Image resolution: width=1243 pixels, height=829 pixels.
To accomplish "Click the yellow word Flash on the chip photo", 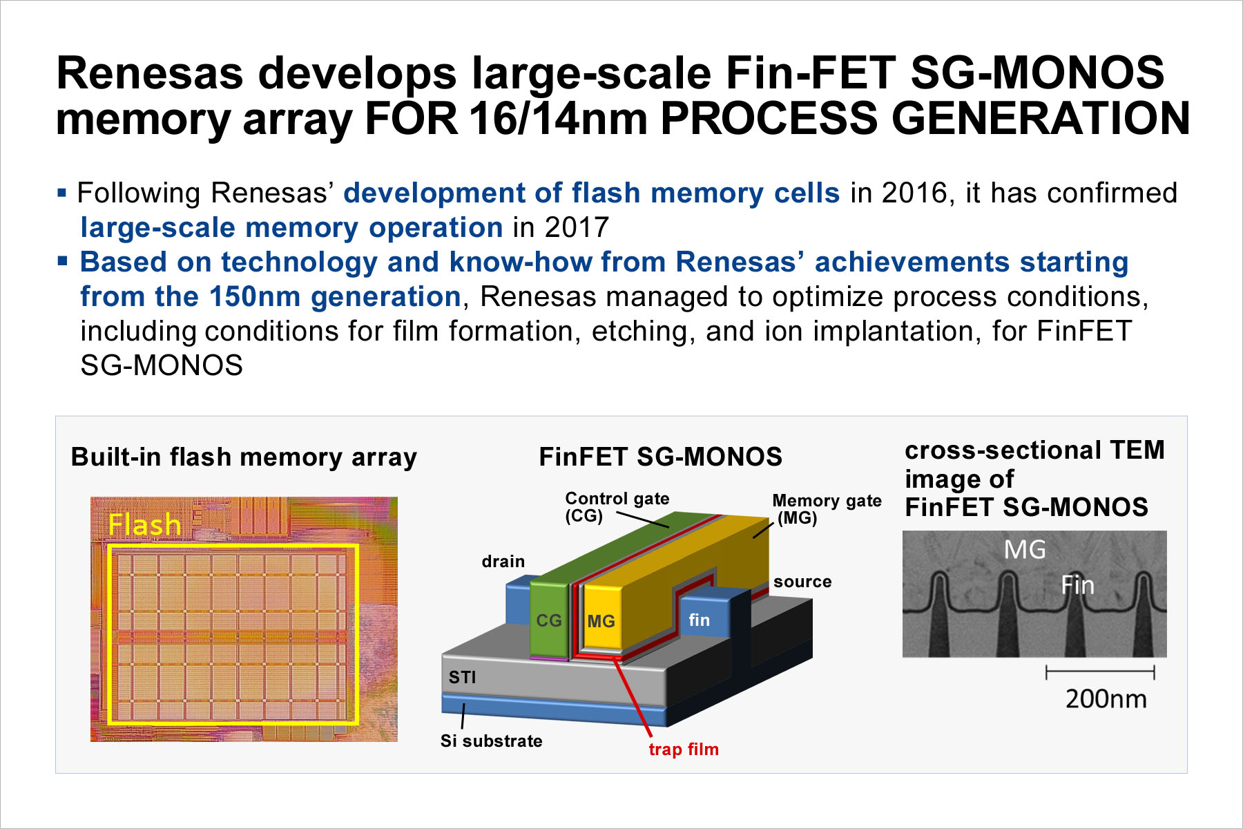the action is point(144,525).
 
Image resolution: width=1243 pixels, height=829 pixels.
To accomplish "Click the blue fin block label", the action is point(699,620).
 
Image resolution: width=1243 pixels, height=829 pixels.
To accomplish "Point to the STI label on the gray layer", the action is point(462,677).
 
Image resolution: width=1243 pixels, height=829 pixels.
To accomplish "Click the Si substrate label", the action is point(491,741).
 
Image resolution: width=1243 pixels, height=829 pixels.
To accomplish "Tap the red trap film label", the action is point(684,749).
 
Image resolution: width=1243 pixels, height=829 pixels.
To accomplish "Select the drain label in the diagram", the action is point(503,561).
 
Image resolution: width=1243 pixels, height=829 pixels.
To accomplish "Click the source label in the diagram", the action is point(802,582).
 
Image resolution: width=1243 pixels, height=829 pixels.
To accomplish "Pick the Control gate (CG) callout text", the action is point(617,507).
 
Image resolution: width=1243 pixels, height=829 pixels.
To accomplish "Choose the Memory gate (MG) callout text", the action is point(827,509).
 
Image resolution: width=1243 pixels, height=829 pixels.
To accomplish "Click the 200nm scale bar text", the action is point(1106,698).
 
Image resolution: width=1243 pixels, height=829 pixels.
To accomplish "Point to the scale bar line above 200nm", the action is point(1100,671).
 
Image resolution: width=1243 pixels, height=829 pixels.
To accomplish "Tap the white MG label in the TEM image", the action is point(1025,550).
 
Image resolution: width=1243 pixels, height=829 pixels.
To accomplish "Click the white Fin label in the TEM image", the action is point(1077,585).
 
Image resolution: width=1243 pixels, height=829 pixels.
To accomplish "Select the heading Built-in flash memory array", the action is point(244,457).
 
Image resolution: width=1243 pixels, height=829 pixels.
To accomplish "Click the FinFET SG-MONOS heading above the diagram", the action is point(660,457).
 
